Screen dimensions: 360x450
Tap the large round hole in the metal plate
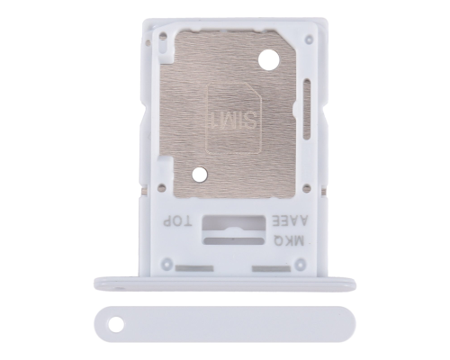tap(266, 61)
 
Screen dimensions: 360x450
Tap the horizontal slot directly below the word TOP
tap(180, 268)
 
